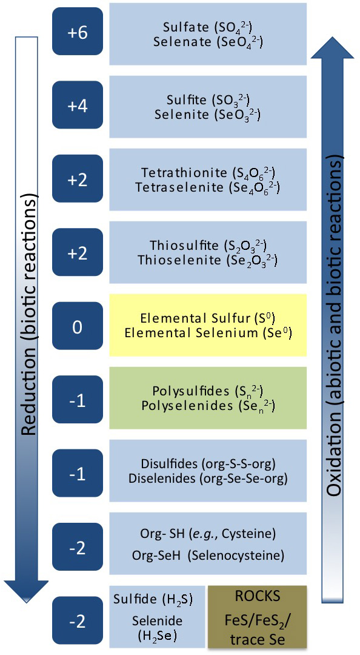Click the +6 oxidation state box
[77, 32]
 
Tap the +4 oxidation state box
[77, 105]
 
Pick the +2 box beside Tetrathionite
[77, 179]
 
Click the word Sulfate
[186, 28]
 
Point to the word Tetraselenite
[179, 187]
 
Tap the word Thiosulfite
[184, 245]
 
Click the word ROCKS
[257, 596]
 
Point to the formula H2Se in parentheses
[158, 636]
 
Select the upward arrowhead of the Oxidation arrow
[333, 48]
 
